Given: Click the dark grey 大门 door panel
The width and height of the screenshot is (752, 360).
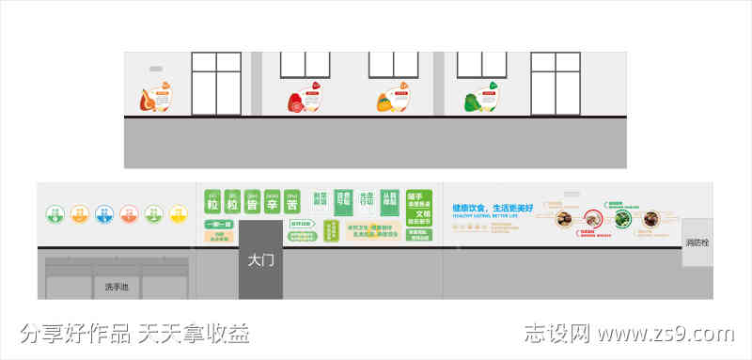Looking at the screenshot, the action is (260, 260).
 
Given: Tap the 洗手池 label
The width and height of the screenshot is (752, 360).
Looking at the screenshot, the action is (117, 286).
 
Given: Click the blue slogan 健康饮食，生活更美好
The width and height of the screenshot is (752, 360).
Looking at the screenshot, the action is (493, 208).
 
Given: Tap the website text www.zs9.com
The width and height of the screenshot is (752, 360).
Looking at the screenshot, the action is (666, 334).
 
